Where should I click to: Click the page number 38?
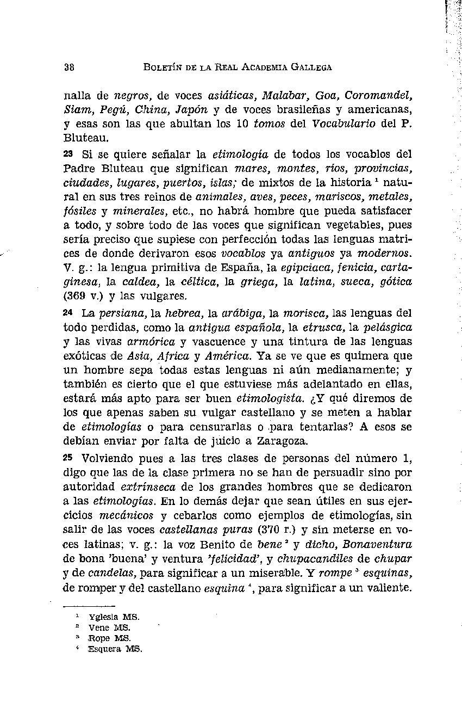[68, 67]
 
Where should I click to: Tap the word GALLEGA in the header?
[312, 67]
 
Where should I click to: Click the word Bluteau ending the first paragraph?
[82, 138]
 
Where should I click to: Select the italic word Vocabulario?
[344, 124]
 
